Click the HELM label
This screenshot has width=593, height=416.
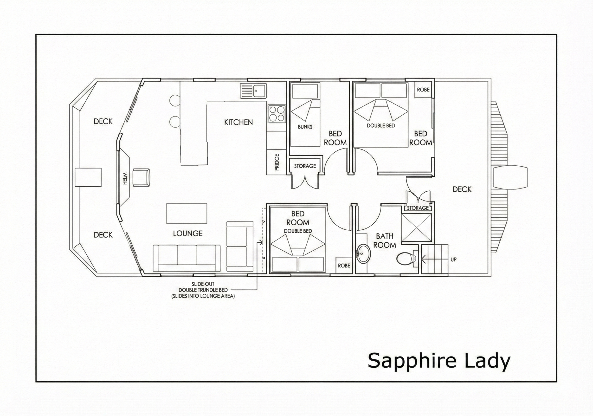pyautogui.click(x=125, y=179)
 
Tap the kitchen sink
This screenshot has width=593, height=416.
pyautogui.click(x=253, y=91)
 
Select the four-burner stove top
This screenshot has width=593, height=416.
pyautogui.click(x=277, y=114)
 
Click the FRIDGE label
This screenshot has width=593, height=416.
pyautogui.click(x=277, y=162)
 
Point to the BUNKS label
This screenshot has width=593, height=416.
pyautogui.click(x=305, y=127)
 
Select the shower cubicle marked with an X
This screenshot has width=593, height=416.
pyautogui.click(x=417, y=228)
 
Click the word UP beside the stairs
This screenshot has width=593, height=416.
pyautogui.click(x=453, y=260)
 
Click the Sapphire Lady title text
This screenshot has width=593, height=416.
pyautogui.click(x=439, y=361)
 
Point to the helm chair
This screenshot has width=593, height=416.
pyautogui.click(x=141, y=177)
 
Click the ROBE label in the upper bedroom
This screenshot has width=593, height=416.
pyautogui.click(x=423, y=90)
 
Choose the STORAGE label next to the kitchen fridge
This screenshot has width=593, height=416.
pyautogui.click(x=305, y=166)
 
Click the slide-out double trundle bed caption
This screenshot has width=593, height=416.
pyautogui.click(x=203, y=290)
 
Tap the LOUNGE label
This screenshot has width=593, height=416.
pyautogui.click(x=187, y=234)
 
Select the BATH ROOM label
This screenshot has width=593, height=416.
pyautogui.click(x=384, y=240)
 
